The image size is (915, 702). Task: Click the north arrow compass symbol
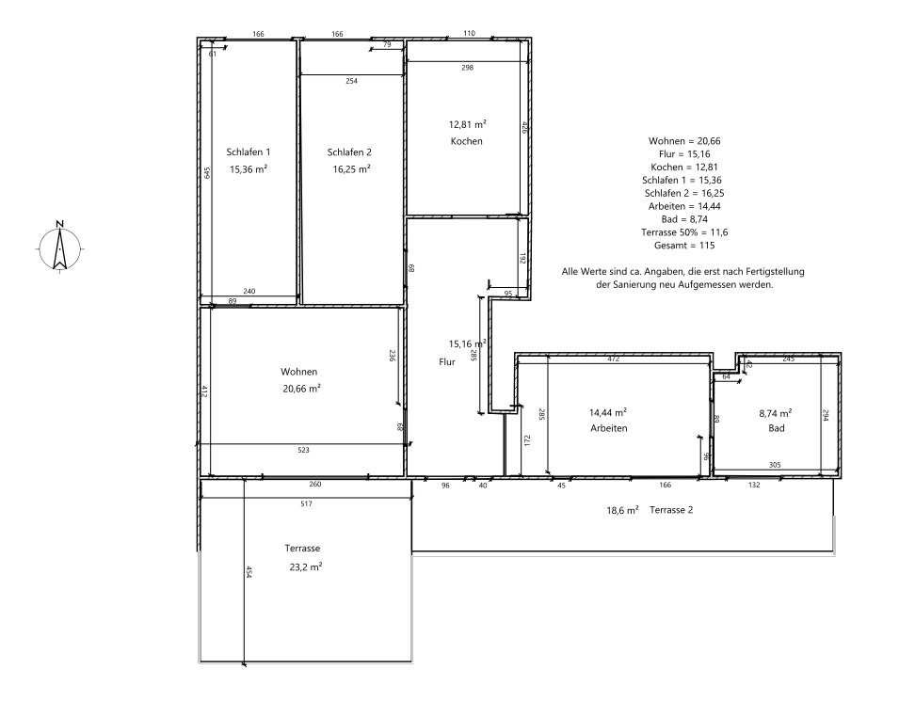(59, 247)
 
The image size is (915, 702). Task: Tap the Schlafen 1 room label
(248, 152)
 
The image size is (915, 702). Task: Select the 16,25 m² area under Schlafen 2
(351, 169)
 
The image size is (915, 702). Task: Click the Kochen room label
(466, 141)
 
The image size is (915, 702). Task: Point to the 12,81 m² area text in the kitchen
(468, 124)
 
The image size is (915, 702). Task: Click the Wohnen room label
(298, 372)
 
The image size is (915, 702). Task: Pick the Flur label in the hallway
(447, 361)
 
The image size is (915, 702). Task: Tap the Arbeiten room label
(609, 428)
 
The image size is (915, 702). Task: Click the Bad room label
(776, 428)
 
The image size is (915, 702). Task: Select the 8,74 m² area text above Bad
(775, 413)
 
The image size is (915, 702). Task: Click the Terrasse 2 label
(671, 510)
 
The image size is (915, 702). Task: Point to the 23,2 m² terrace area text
(305, 566)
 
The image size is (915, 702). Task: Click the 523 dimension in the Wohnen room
(303, 450)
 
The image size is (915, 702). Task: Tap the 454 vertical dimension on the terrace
(249, 572)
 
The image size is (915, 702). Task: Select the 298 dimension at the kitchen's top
(468, 68)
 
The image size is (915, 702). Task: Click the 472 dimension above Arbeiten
(613, 359)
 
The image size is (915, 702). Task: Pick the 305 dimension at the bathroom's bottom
(775, 465)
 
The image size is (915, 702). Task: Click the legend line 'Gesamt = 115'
(684, 246)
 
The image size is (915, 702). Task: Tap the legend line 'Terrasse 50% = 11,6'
(684, 232)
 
